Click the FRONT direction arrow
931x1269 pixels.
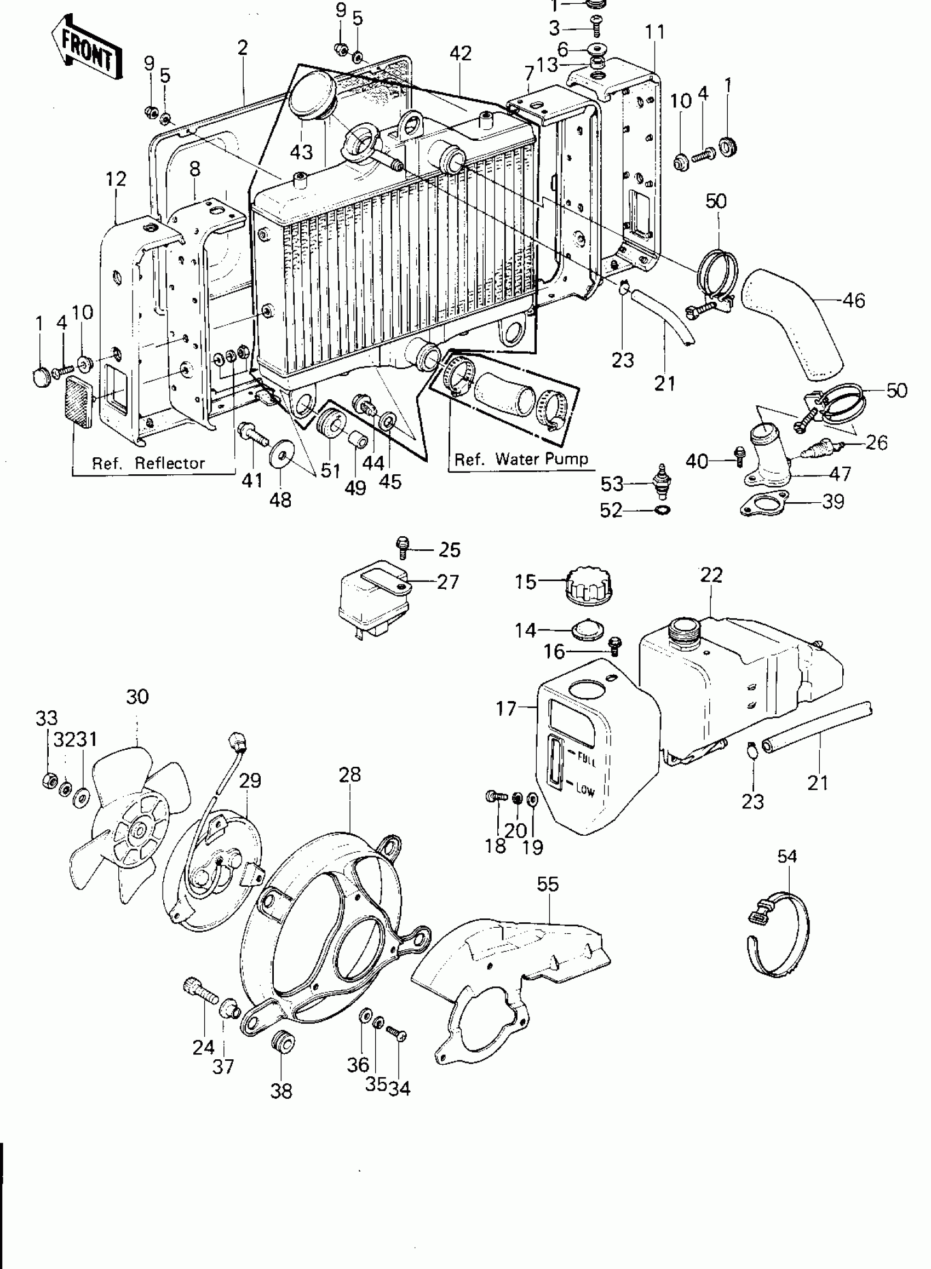pyautogui.click(x=88, y=49)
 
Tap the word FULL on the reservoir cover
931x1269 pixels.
pyautogui.click(x=587, y=760)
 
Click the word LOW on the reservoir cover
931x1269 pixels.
pyautogui.click(x=585, y=790)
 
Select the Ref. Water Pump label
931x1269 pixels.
pyautogui.click(x=521, y=460)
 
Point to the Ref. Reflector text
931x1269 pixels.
pyautogui.click(x=148, y=463)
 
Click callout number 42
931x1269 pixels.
pyautogui.click(x=461, y=54)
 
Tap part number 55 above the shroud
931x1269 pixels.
pyautogui.click(x=547, y=884)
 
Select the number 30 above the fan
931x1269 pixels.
pyautogui.click(x=137, y=697)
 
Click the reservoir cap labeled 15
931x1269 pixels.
pyautogui.click(x=589, y=587)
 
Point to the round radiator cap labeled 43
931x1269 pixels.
pyautogui.click(x=312, y=94)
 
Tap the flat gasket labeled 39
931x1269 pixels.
pyautogui.click(x=764, y=504)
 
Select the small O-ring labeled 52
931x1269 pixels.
pyautogui.click(x=663, y=510)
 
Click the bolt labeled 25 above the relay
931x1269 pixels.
pyautogui.click(x=403, y=546)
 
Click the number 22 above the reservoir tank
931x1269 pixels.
pyautogui.click(x=711, y=575)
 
